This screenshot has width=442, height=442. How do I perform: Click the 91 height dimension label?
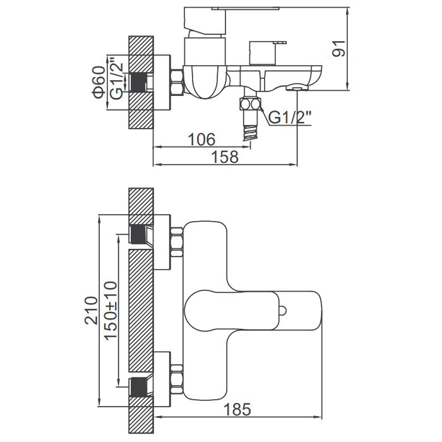(339, 49)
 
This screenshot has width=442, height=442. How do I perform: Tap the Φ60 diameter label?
(100, 82)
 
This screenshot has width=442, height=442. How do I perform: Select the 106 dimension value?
(201, 140)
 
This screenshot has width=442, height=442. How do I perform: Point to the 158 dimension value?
(225, 157)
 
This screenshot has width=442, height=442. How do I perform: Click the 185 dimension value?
(237, 409)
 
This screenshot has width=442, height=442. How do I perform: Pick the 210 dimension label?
(92, 311)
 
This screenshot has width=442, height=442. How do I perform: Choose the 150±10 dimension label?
(110, 311)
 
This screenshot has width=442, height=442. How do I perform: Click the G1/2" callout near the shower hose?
(289, 117)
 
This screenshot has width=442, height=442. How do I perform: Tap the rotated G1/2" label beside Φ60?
(116, 80)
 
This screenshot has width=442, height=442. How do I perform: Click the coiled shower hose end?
(250, 132)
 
